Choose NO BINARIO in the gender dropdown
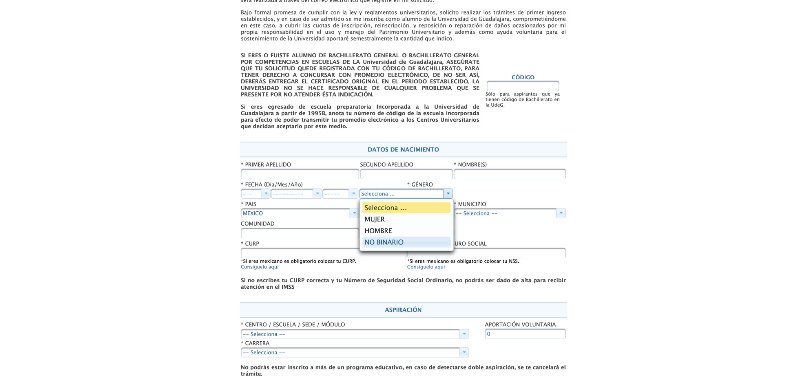384,242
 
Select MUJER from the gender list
375,219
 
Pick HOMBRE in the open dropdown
378,231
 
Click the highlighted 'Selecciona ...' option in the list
406,208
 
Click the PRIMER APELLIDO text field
299,174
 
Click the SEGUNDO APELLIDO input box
406,174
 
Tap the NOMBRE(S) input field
509,174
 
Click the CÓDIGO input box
523,86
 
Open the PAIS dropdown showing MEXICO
299,213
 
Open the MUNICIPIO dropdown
510,213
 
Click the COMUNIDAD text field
299,233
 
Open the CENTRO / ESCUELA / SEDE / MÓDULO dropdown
354,334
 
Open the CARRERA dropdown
354,353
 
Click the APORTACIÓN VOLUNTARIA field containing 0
525,334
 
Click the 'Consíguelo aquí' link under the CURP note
260,267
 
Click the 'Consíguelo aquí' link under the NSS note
426,267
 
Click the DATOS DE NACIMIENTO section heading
403,150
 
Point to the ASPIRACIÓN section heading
403,310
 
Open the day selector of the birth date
255,194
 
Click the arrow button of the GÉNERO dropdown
448,194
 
